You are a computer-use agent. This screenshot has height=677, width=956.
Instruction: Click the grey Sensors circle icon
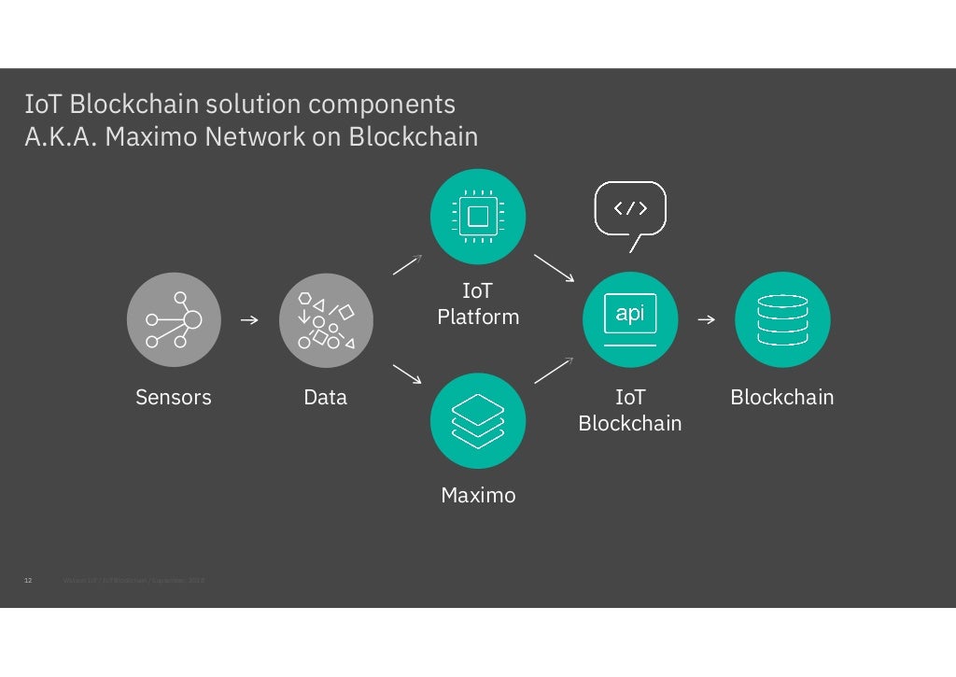pos(174,319)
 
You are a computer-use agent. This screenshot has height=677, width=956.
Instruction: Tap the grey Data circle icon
pos(326,319)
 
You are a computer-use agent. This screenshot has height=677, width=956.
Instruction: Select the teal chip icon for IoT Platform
pos(478,216)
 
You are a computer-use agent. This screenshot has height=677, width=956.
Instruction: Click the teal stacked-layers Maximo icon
pos(478,421)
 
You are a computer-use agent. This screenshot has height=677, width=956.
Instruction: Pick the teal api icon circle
pos(630,319)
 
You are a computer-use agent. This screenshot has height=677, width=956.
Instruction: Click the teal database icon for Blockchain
pos(782,319)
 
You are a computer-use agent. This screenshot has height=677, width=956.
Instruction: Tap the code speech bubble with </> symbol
pos(630,209)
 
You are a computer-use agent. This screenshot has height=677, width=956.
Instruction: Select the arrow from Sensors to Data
pos(249,320)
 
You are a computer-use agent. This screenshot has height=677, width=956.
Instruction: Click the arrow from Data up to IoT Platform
pos(407,265)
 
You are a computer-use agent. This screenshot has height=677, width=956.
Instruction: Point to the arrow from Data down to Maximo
pos(407,374)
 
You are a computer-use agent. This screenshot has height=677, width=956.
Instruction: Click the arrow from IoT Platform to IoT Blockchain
pos(554,267)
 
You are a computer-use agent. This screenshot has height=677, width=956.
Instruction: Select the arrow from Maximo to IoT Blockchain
pos(553,371)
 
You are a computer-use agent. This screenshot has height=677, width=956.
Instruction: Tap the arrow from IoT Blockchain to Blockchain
pos(706,320)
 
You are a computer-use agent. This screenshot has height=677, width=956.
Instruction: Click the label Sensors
pos(174,397)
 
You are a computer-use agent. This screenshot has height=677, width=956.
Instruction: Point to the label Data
pos(326,397)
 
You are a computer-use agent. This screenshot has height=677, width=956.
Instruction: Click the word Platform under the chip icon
pos(478,317)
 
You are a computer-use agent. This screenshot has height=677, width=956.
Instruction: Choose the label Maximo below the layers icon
pos(478,495)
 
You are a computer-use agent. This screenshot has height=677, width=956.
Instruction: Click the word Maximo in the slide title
pos(151,136)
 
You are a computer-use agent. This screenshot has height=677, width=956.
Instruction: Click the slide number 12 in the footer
pos(27,581)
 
